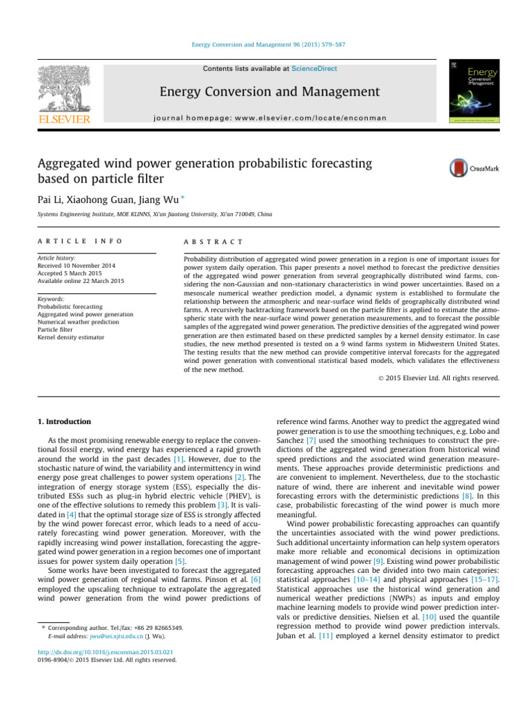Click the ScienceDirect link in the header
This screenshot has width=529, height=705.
coord(314,69)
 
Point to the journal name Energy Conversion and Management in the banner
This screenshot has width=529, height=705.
coord(260,92)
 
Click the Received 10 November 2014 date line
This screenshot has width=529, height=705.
coord(76,266)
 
